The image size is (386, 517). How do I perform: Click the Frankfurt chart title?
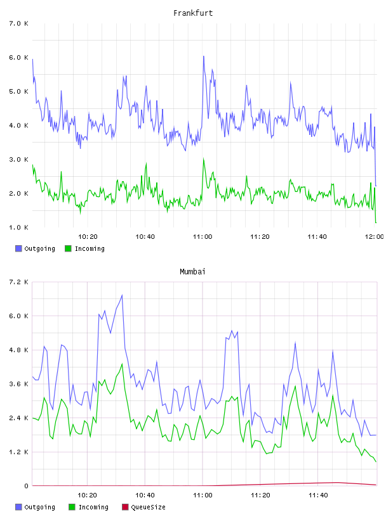(x=193, y=13)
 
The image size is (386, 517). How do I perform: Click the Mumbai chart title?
(x=192, y=272)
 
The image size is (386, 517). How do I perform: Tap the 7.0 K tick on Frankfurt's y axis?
(x=19, y=23)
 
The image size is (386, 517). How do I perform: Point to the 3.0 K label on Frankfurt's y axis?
(x=19, y=160)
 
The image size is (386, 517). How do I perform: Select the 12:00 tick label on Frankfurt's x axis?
(x=375, y=236)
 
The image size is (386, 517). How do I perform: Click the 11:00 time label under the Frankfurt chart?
(x=203, y=236)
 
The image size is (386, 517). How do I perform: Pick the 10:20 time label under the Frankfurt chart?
(x=88, y=236)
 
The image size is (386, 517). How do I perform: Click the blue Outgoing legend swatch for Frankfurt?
(x=18, y=248)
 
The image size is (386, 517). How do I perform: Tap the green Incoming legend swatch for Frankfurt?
(x=68, y=248)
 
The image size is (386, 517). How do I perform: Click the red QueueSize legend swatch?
(x=125, y=507)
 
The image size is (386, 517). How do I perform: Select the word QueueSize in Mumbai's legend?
(x=149, y=507)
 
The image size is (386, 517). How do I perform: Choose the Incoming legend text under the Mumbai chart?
(x=93, y=507)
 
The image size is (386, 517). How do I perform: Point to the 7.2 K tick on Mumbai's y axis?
(x=19, y=282)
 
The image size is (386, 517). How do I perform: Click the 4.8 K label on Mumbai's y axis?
(x=19, y=350)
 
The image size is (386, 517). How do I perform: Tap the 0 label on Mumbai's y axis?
(x=27, y=486)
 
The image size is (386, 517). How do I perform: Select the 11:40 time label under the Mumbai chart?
(x=318, y=495)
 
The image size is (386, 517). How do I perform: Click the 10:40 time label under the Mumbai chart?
(x=145, y=495)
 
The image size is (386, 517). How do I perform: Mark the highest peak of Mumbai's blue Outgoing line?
(x=123, y=295)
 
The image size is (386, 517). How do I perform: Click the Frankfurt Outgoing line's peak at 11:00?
(x=204, y=56)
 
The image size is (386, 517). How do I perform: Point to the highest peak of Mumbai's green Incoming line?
(x=123, y=364)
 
